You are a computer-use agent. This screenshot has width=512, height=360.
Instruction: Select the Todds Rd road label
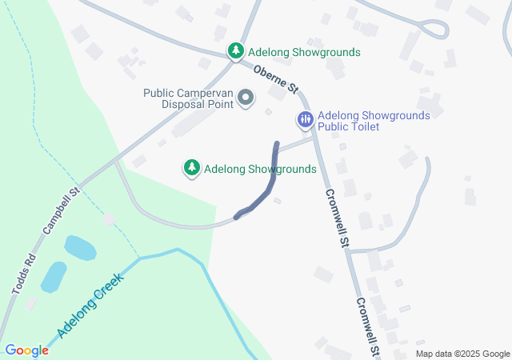tap(23, 273)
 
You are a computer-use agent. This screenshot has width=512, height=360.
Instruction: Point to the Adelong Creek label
tap(90, 306)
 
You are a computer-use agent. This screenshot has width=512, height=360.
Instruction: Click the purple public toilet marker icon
tap(305, 121)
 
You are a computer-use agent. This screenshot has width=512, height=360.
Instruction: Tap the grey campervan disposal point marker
tap(246, 99)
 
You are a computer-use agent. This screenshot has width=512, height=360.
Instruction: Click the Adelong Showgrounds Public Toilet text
tap(374, 121)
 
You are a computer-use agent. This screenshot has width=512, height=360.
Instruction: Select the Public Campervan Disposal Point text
tap(188, 98)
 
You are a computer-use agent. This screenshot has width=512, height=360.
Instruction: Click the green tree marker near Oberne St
tap(236, 52)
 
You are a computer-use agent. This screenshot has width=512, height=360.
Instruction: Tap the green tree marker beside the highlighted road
tap(192, 168)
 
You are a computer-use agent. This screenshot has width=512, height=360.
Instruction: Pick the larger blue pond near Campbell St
tap(80, 248)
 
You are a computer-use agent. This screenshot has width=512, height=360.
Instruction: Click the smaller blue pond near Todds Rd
tap(54, 277)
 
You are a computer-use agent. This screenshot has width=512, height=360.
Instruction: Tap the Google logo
tap(26, 350)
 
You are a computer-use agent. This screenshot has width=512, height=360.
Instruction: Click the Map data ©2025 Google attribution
tap(462, 354)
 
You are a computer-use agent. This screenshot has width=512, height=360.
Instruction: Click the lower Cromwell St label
tap(367, 326)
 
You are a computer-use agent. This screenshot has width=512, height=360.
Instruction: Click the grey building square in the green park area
tap(108, 218)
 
